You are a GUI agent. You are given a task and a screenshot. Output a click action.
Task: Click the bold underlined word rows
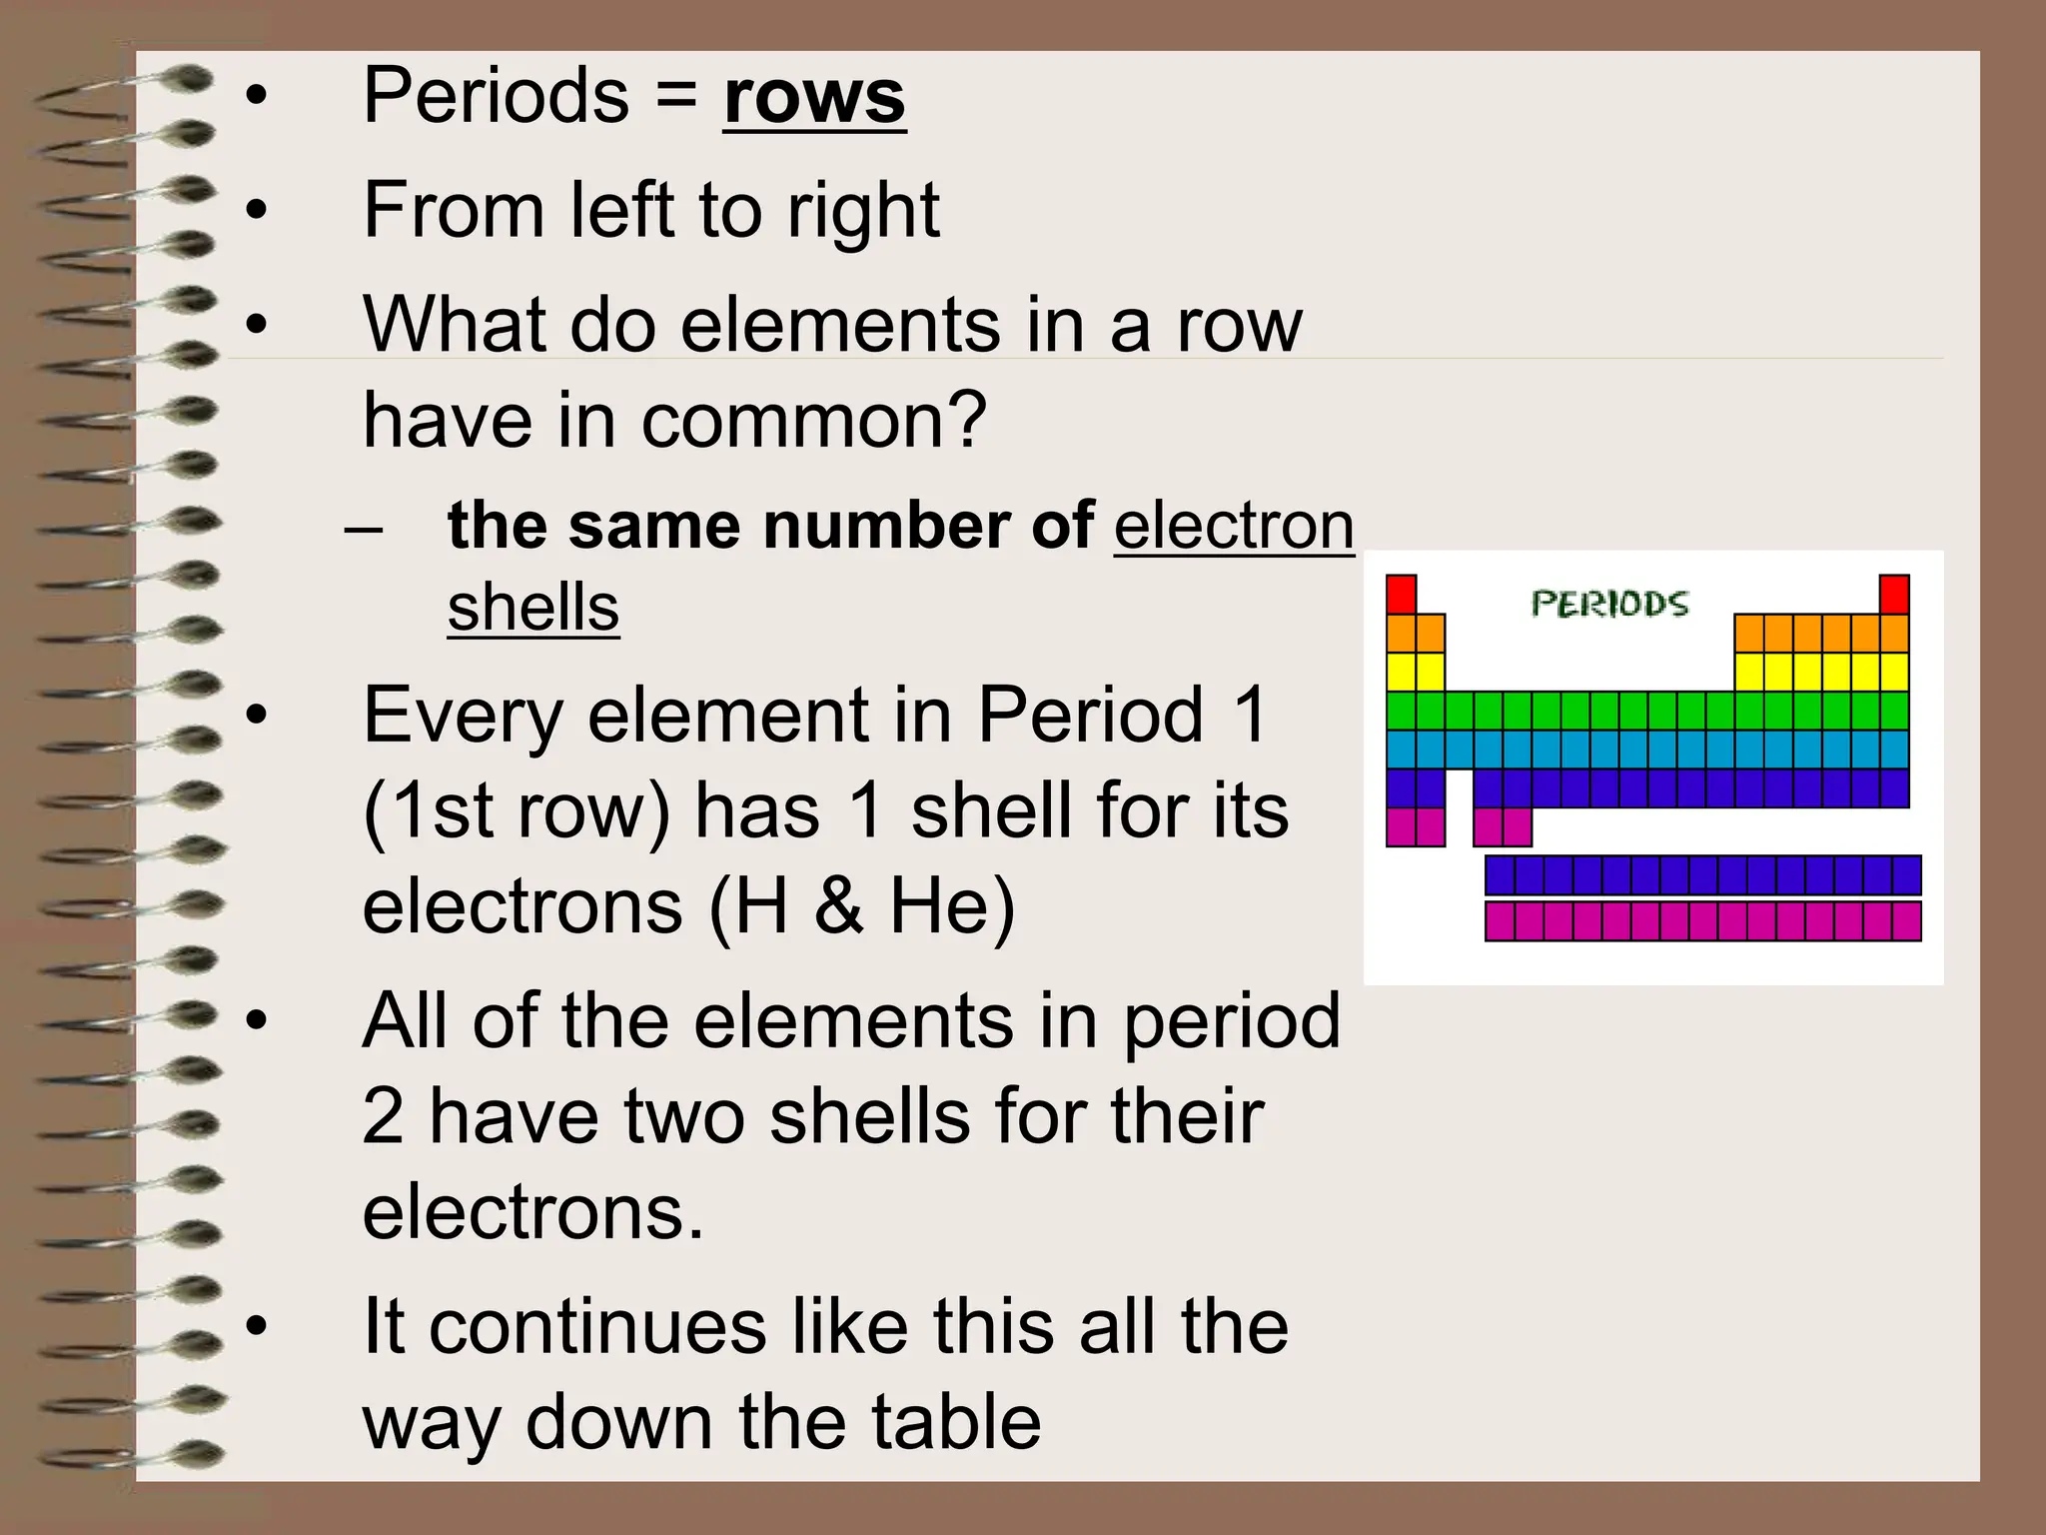[813, 98]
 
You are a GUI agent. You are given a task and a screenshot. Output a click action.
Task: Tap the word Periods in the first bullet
[496, 96]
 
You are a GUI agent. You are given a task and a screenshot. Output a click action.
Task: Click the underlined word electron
[1234, 526]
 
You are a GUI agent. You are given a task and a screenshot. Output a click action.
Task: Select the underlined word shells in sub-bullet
[532, 608]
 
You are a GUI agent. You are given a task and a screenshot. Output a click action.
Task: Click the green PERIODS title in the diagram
[1608, 604]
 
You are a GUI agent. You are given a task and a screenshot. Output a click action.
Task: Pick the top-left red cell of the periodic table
[1401, 594]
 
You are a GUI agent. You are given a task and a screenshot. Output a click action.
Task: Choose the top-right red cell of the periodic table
[1894, 594]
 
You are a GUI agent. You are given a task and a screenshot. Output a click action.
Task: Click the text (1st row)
[515, 811]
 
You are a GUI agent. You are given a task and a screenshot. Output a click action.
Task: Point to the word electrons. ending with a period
[532, 1212]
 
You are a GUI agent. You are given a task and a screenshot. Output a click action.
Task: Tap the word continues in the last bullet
[597, 1327]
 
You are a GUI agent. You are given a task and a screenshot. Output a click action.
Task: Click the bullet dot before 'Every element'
[257, 716]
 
